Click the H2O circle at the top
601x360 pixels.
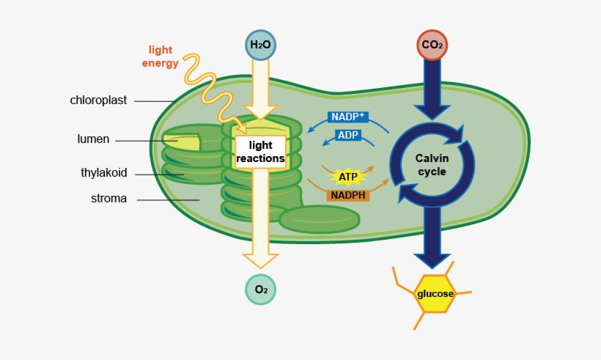click(260, 45)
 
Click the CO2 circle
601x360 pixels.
click(432, 45)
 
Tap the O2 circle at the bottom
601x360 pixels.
click(260, 289)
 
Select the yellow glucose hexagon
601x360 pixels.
click(435, 294)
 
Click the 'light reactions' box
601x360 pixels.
click(260, 152)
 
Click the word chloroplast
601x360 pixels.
click(98, 100)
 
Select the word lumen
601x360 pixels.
click(93, 139)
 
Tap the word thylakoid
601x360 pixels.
click(104, 173)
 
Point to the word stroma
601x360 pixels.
click(108, 198)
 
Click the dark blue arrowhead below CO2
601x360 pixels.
click(432, 110)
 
